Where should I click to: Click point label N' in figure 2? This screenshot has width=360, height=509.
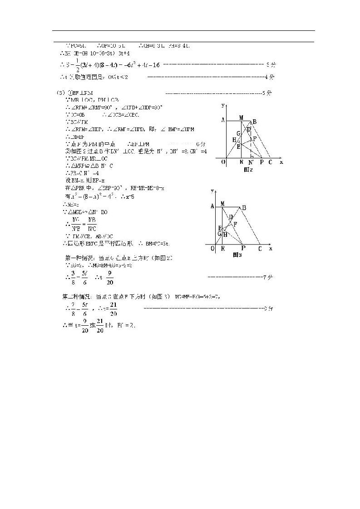(x=251, y=162)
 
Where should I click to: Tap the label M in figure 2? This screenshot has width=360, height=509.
(x=241, y=117)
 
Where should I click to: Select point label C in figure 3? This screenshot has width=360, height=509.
(x=260, y=248)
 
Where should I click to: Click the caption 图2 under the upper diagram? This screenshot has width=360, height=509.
(x=248, y=169)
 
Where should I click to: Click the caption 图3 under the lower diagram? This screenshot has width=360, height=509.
(x=237, y=255)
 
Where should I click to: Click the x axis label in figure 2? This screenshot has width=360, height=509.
(x=281, y=162)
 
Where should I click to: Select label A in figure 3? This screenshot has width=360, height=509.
(x=212, y=206)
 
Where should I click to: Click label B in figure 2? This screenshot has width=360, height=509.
(x=255, y=121)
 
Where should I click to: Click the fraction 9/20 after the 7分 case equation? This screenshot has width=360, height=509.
(x=109, y=278)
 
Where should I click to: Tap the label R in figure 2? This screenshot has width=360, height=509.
(x=241, y=162)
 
